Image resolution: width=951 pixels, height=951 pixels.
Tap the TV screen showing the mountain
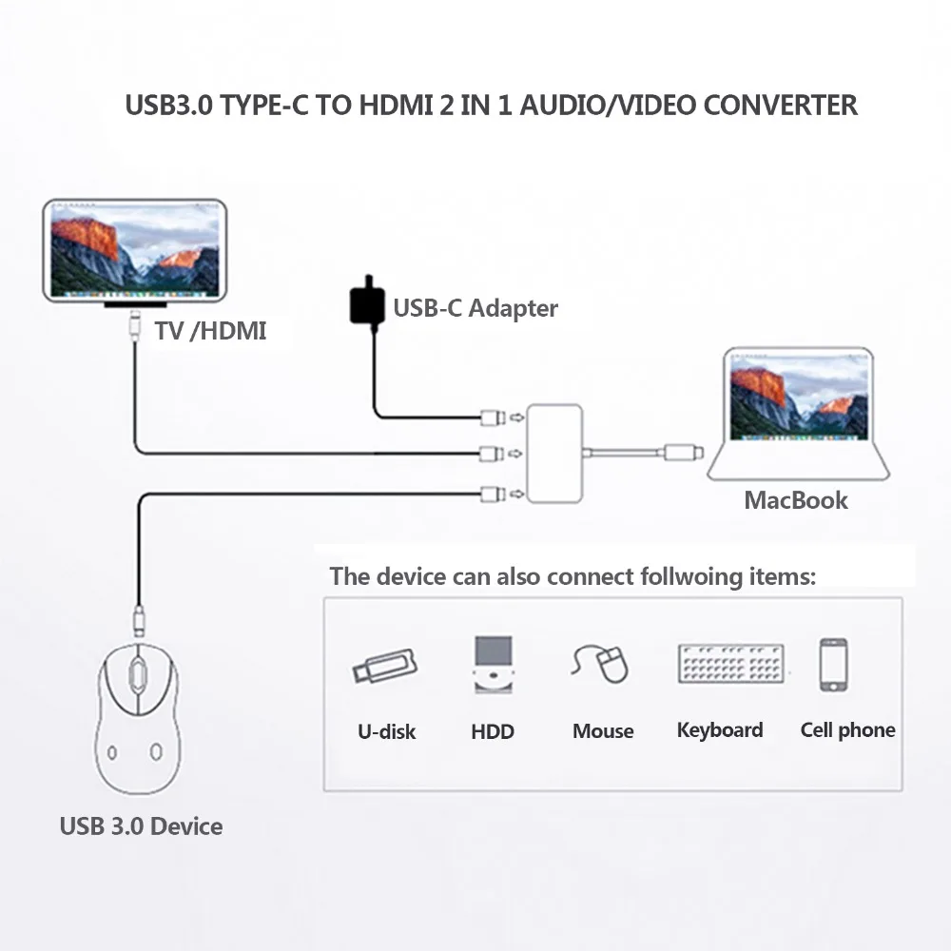134,247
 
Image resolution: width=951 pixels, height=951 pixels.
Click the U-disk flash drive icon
385,665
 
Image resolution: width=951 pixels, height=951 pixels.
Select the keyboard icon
732,664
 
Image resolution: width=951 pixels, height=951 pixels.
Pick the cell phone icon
834,664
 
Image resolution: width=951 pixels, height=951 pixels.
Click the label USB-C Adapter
475,308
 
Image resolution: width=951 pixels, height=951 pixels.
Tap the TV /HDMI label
209,331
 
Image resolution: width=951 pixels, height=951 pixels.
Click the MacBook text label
796,500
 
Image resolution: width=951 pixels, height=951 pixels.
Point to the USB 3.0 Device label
141,825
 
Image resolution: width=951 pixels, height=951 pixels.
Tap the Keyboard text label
720,730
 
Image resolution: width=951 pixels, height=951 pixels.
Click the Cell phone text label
847,730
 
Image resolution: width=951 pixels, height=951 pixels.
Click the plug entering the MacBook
683,453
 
